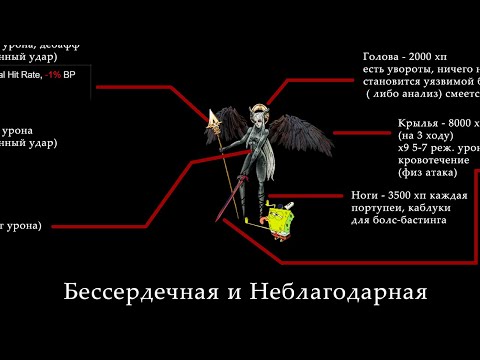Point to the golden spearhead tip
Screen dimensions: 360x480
point(213,118)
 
